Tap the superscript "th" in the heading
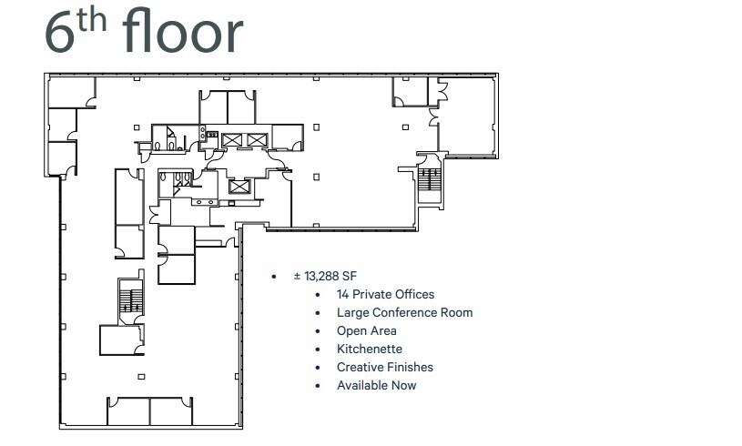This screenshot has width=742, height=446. (x=95, y=20)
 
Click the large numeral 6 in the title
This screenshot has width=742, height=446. (x=59, y=33)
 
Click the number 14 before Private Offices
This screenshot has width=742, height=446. (x=343, y=294)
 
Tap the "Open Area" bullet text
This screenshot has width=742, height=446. (x=366, y=330)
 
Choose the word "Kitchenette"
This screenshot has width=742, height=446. (x=369, y=349)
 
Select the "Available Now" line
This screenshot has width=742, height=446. (x=376, y=385)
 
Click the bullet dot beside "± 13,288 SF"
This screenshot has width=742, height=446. (x=273, y=276)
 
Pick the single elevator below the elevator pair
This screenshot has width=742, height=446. (x=239, y=186)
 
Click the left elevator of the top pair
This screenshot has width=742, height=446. (x=231, y=139)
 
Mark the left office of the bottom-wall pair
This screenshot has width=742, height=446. (x=128, y=411)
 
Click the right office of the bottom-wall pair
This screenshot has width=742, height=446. (x=171, y=411)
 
